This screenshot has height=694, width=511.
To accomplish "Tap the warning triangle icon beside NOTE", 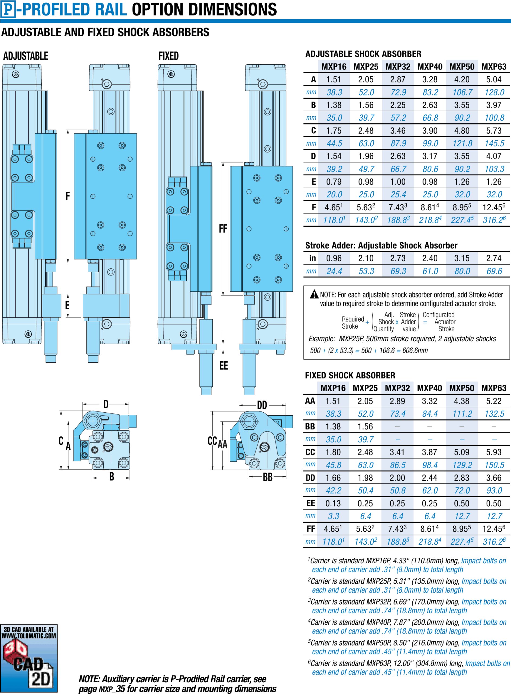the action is tap(314, 294).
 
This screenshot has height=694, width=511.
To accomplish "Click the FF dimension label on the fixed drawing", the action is tap(223, 229).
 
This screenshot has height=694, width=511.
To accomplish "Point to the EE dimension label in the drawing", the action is tap(224, 365).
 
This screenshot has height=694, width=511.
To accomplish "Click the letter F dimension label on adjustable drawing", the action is tap(68, 196).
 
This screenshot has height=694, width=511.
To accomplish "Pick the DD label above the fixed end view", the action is tap(262, 405).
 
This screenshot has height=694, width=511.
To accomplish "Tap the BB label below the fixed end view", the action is tap(268, 477).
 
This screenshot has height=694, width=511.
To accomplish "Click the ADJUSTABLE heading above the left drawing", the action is tap(26, 56).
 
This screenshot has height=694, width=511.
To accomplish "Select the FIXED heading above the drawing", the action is tap(169, 56).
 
